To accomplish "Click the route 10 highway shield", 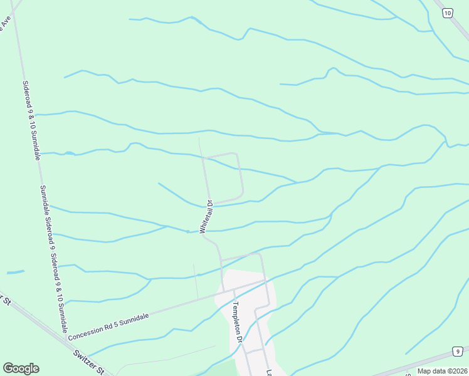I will [x=446, y=13].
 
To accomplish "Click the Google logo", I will [x=21, y=368].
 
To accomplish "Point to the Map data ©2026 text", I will [x=442, y=371].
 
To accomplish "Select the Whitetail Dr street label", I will [x=206, y=217].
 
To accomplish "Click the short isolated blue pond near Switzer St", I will [x=15, y=272].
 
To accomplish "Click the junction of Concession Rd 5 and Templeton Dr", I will [x=230, y=290].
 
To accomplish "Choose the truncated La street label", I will [x=269, y=372].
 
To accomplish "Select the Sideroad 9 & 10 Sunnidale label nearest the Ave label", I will [x=31, y=119].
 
